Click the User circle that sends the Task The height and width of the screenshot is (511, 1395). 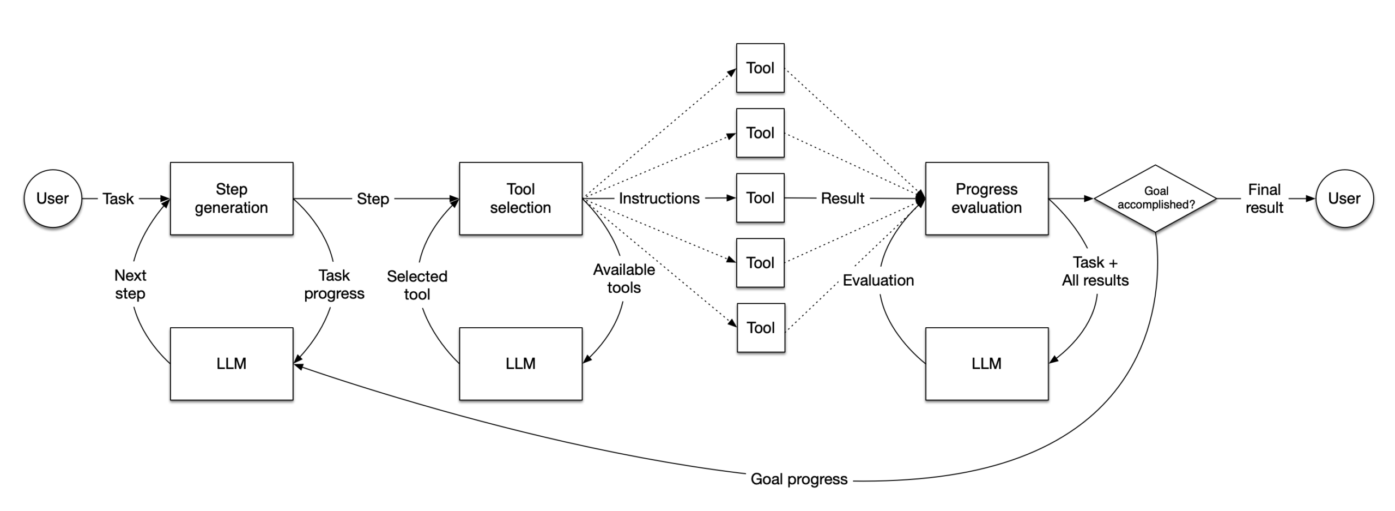click(x=53, y=199)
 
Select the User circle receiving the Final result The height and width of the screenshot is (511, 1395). click(x=1344, y=199)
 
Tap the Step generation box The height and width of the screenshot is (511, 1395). click(x=232, y=199)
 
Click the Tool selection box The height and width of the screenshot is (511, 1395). click(x=520, y=199)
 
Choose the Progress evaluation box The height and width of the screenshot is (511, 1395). click(x=986, y=199)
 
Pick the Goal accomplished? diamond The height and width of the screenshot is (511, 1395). click(x=1155, y=199)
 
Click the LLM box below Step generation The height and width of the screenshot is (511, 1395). click(x=232, y=364)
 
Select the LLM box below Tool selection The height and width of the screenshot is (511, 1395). click(x=520, y=364)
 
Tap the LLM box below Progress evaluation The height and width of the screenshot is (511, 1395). click(x=986, y=364)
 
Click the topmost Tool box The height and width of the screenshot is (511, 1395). click(x=760, y=68)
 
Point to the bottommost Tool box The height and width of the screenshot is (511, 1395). click(x=761, y=328)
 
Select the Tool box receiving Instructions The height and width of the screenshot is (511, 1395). click(x=760, y=198)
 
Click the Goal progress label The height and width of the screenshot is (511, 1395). click(x=799, y=479)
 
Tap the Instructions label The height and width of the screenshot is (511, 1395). click(x=659, y=199)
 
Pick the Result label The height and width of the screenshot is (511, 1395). click(x=842, y=199)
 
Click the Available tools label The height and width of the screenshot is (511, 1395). click(x=624, y=279)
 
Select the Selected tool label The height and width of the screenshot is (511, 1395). click(x=417, y=285)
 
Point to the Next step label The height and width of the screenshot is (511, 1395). click(x=130, y=284)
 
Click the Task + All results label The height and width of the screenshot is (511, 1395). click(x=1095, y=272)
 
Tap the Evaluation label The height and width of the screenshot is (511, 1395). click(x=878, y=280)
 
